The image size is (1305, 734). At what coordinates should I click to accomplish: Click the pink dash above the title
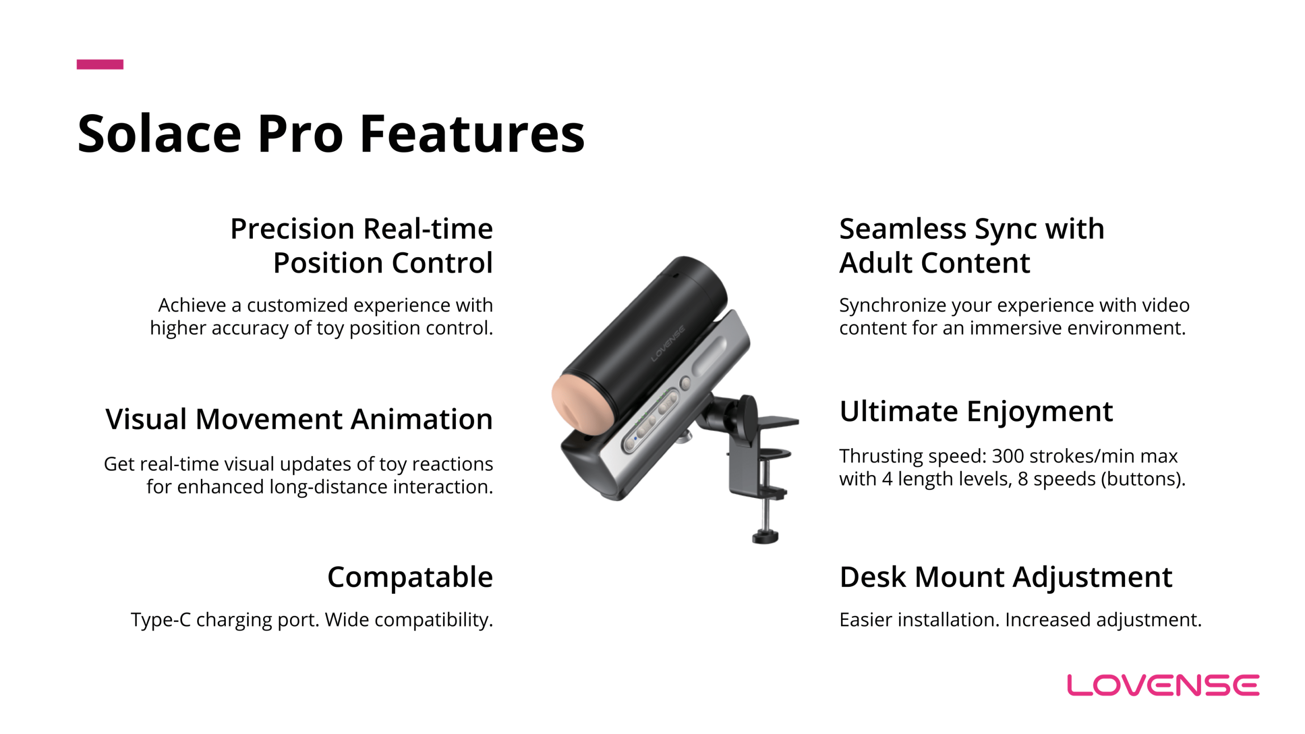[x=100, y=64]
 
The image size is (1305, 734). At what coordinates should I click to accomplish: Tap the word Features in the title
[x=472, y=134]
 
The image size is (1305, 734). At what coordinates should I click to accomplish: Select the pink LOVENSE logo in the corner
[x=1163, y=685]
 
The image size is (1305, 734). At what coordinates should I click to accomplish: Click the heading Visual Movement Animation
[x=299, y=419]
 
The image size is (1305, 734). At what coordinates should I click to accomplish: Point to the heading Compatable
[x=410, y=578]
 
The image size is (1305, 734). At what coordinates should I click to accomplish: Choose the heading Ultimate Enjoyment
[x=976, y=412]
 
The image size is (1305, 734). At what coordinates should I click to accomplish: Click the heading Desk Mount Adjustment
[x=1006, y=578]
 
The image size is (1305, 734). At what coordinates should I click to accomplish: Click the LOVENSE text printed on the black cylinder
[x=668, y=344]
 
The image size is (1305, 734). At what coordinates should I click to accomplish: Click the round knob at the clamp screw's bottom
[x=765, y=536]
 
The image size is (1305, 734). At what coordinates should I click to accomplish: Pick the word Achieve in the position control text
[x=192, y=305]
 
